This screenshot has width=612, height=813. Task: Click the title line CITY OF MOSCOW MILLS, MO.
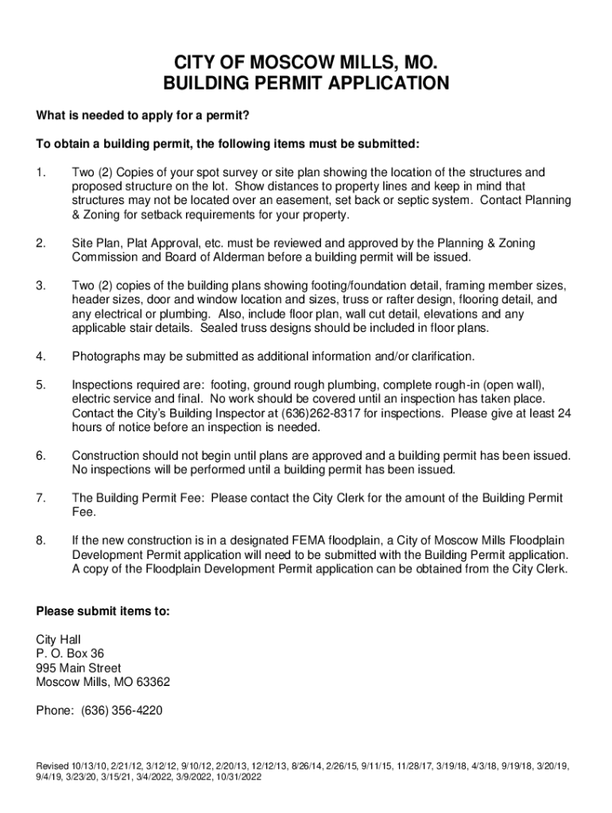306,63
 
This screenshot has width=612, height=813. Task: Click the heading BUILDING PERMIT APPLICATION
306,83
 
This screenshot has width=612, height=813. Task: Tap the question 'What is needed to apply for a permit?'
143,117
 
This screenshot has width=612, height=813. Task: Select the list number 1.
41,172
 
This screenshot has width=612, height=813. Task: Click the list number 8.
41,541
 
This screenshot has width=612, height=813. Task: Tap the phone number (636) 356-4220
122,711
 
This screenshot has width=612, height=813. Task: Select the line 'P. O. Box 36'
70,653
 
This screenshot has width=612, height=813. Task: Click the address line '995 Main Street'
79,668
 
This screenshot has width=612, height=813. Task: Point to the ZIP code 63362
152,682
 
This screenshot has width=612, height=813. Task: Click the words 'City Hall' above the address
59,639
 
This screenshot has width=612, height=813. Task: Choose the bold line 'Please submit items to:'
103,612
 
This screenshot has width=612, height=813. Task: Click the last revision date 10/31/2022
234,777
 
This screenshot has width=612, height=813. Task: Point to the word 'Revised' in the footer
53,766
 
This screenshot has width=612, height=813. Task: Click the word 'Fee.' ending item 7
83,512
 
